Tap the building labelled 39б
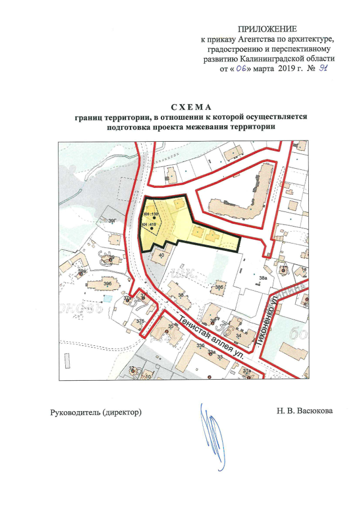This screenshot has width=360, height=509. [x=106, y=283]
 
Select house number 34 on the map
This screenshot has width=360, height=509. [x=238, y=336]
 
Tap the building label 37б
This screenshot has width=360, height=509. [x=140, y=320]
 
